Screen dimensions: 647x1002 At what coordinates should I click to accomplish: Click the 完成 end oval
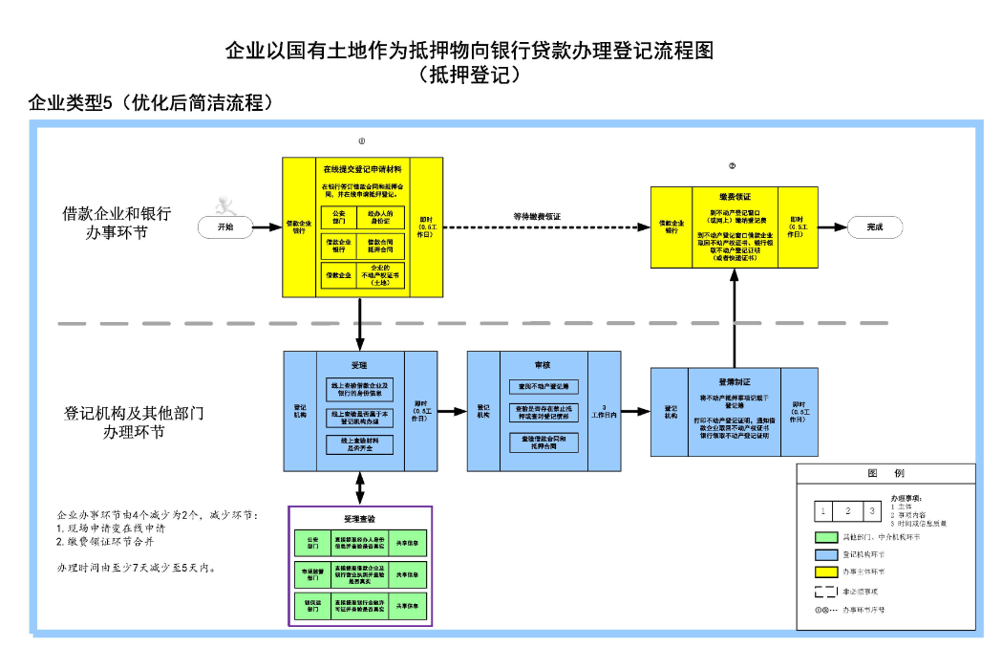[x=874, y=226]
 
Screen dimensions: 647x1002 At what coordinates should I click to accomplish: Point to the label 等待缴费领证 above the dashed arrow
[x=537, y=216]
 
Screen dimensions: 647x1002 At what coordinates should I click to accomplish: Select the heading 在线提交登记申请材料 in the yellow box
[x=361, y=168]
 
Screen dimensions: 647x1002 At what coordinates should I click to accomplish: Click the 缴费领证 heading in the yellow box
[x=735, y=196]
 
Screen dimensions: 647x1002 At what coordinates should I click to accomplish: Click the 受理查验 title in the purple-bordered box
[x=360, y=518]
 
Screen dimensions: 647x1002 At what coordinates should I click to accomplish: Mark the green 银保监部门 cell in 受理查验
[x=312, y=605]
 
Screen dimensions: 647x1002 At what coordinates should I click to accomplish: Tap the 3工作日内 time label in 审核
[x=604, y=410]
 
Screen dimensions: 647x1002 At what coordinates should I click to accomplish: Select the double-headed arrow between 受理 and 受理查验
[x=360, y=487]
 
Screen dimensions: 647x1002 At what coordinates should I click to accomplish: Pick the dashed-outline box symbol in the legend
[x=824, y=592]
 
